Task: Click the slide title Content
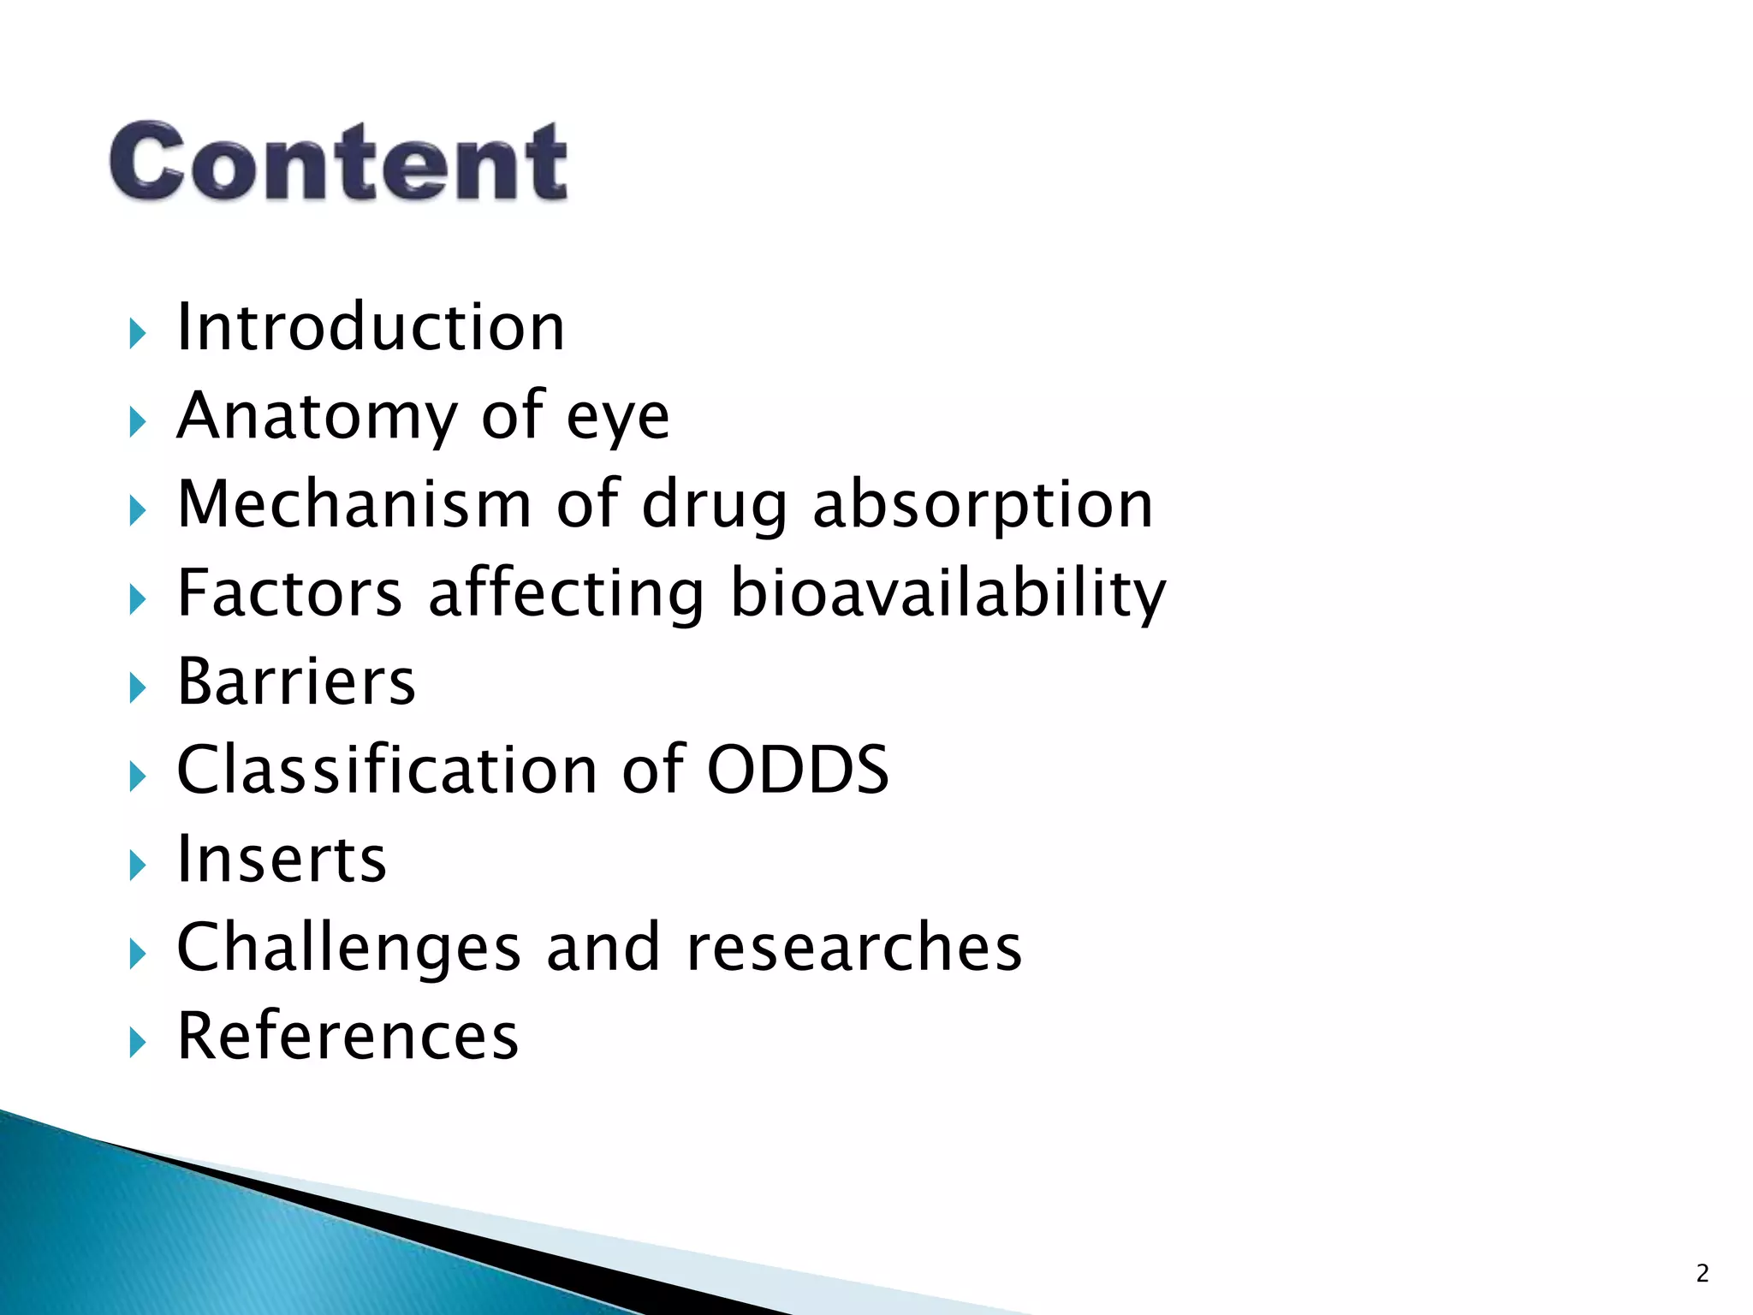pyautogui.click(x=338, y=161)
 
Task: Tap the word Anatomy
pyautogui.click(x=318, y=416)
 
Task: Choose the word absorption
pyautogui.click(x=982, y=507)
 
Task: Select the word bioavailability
pyautogui.click(x=948, y=594)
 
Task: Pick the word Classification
pyautogui.click(x=386, y=770)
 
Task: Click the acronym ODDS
pyautogui.click(x=798, y=770)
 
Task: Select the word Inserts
pyautogui.click(x=282, y=859)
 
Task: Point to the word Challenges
pyautogui.click(x=348, y=949)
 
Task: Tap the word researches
pyautogui.click(x=853, y=949)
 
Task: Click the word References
pyautogui.click(x=348, y=1036)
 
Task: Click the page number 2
pyautogui.click(x=1702, y=1274)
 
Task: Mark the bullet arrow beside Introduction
pyautogui.click(x=138, y=333)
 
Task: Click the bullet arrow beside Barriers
pyautogui.click(x=138, y=687)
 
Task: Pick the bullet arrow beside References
pyautogui.click(x=138, y=1042)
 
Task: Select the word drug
pyautogui.click(x=714, y=507)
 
